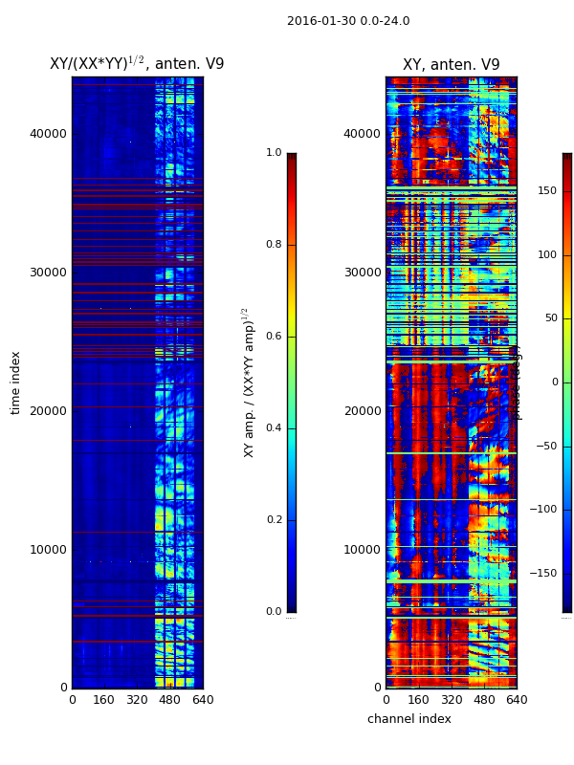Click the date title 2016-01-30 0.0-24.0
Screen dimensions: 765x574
(x=348, y=21)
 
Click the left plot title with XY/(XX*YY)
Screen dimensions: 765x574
(x=137, y=64)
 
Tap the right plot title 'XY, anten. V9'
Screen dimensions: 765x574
(x=451, y=65)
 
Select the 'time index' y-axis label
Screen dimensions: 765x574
(x=15, y=382)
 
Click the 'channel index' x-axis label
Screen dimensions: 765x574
(x=408, y=719)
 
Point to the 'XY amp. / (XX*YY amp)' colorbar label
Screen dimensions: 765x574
(x=248, y=382)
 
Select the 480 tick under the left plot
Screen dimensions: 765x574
(x=169, y=700)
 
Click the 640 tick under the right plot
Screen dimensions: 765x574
(x=517, y=700)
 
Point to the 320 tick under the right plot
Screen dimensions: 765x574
(x=451, y=700)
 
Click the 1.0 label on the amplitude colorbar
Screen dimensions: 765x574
(x=274, y=153)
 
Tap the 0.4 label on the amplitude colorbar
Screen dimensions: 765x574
(x=274, y=427)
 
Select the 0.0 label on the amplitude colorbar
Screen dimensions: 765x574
(x=274, y=611)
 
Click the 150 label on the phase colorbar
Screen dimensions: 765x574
(x=547, y=191)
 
